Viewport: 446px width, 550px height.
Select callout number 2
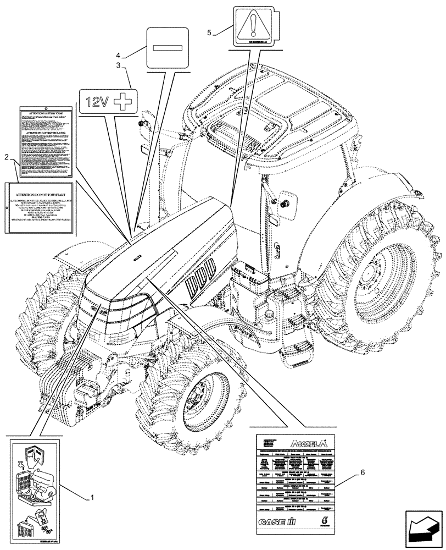coord(6,158)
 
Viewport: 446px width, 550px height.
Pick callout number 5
coord(209,32)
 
